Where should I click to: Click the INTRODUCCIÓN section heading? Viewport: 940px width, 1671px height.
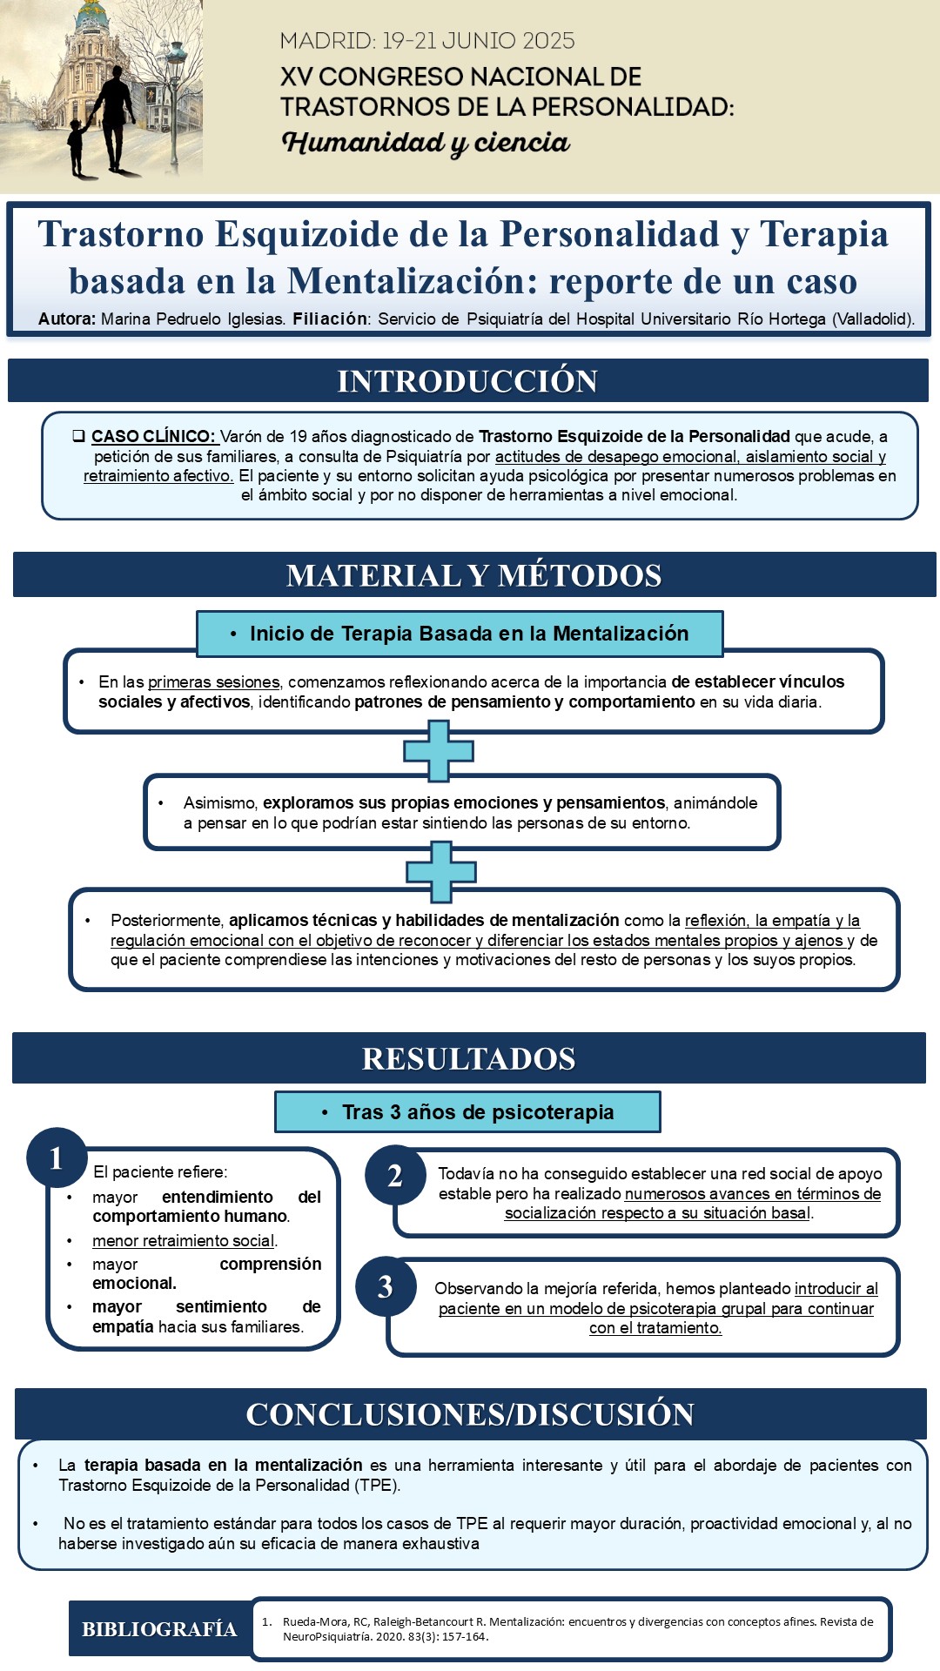pos(467,381)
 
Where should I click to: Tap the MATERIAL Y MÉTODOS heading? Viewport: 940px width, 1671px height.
pos(474,575)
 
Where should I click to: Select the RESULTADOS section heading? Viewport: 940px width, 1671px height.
pos(469,1058)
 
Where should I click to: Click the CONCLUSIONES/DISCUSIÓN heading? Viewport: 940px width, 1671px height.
pos(470,1414)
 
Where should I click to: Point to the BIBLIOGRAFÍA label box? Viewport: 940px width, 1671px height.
pos(159,1629)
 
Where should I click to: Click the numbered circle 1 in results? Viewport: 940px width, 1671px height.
pos(57,1158)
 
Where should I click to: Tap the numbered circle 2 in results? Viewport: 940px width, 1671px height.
pos(395,1176)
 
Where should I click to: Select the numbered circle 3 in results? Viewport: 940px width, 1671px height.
pos(386,1287)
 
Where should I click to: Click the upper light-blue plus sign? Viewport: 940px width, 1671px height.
pos(439,751)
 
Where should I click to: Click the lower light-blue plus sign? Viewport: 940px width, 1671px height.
pos(441,872)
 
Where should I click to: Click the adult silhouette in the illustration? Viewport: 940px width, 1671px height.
pos(115,113)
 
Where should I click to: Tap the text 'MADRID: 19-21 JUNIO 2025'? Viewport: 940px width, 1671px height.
pos(427,41)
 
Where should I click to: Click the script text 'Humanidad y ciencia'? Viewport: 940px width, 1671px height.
pos(426,143)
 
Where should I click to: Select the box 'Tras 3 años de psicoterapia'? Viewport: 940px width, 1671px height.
pos(467,1112)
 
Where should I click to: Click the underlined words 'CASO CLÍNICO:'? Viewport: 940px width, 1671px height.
pos(153,436)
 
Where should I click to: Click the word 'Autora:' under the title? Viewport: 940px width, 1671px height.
pos(67,319)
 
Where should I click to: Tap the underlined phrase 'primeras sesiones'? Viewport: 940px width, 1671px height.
pos(214,682)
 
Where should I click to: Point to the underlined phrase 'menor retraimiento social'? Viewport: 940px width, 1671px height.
pos(184,1241)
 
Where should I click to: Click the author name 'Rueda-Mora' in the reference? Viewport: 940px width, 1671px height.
pos(312,1622)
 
